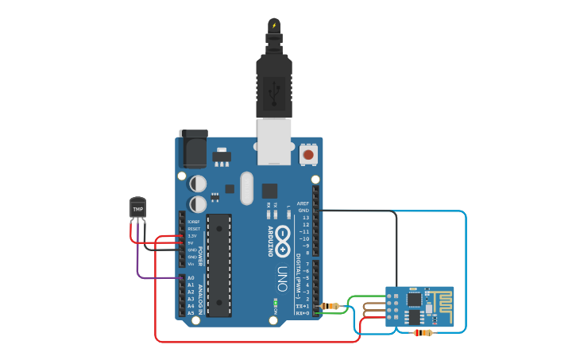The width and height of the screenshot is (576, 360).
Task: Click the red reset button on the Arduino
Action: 308,154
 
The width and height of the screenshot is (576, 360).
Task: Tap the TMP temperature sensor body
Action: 138,208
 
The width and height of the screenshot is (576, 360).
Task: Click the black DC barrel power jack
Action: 193,149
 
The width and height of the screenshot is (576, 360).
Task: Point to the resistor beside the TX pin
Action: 331,306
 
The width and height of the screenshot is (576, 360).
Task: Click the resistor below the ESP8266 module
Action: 423,333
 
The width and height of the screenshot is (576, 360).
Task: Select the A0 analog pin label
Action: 191,278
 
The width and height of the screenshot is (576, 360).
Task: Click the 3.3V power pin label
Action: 191,236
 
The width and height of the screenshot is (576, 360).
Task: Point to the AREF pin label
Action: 303,203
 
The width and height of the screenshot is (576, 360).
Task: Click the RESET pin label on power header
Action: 193,229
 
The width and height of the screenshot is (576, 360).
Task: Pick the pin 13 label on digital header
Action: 305,218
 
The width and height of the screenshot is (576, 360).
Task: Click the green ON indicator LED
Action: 274,303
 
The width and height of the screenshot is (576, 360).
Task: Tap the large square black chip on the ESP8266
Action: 414,300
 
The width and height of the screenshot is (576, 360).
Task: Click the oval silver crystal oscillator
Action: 246,188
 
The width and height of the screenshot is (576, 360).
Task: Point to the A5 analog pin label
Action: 191,313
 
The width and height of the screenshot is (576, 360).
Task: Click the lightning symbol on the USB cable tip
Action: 274,25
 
